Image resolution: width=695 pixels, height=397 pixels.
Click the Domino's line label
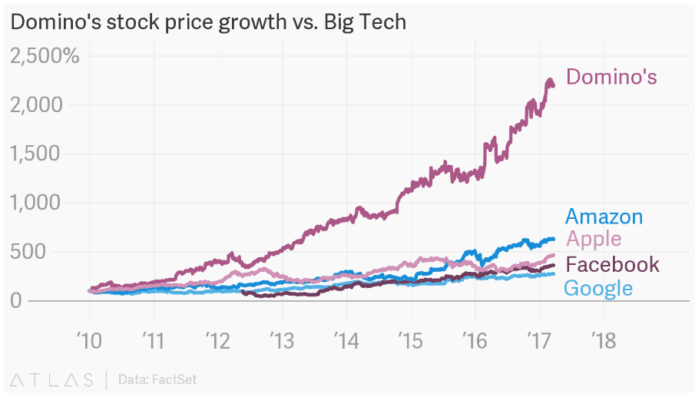(x=611, y=77)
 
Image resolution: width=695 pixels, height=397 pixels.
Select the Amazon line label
(x=604, y=217)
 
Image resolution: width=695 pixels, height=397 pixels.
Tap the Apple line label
(x=594, y=240)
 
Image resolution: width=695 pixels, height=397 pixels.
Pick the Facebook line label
(x=612, y=265)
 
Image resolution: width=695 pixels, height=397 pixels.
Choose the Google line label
(x=598, y=289)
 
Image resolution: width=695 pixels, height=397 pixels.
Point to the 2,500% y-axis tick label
(x=45, y=55)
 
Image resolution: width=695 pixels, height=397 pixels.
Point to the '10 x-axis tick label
(x=90, y=340)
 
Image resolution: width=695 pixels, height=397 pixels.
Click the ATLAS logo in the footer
(x=52, y=379)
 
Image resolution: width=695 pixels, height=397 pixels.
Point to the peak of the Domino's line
(x=549, y=80)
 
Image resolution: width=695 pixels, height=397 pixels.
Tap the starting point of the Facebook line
(x=243, y=292)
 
